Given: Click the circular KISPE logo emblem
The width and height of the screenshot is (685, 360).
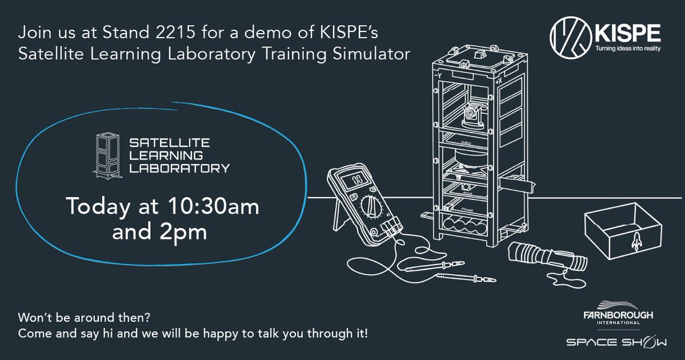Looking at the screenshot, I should point(568,34).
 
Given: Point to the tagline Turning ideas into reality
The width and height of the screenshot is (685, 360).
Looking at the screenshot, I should point(628,49).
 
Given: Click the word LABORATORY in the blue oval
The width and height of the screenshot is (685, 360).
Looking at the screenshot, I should point(179,169).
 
